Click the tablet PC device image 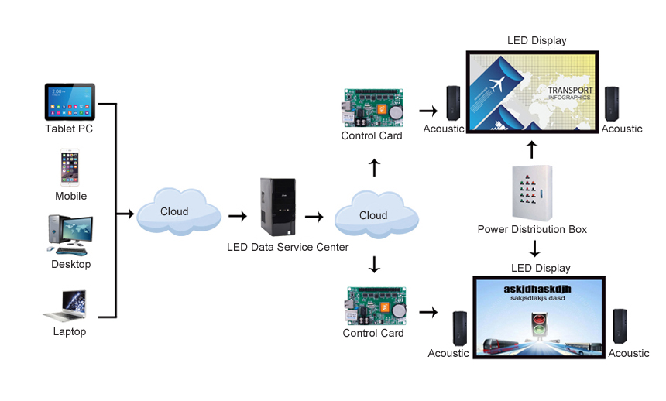pos(70,102)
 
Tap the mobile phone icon pos(70,167)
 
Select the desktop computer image pos(70,235)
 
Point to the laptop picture pos(65,306)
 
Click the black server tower pos(278,207)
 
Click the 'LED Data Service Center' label pos(287,247)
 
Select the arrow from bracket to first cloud pos(125,213)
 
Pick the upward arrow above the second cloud pos(374,168)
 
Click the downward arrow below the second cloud pos(374,264)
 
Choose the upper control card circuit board pos(372,108)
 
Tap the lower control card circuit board pos(376,306)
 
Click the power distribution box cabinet pos(533,194)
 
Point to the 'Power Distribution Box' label pos(532,229)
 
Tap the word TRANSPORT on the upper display pos(570,90)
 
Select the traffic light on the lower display pos(539,326)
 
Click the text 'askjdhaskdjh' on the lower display pos(537,289)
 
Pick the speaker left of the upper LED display pos(453,103)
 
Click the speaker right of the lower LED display pos(620,326)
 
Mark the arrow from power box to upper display pos(532,150)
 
